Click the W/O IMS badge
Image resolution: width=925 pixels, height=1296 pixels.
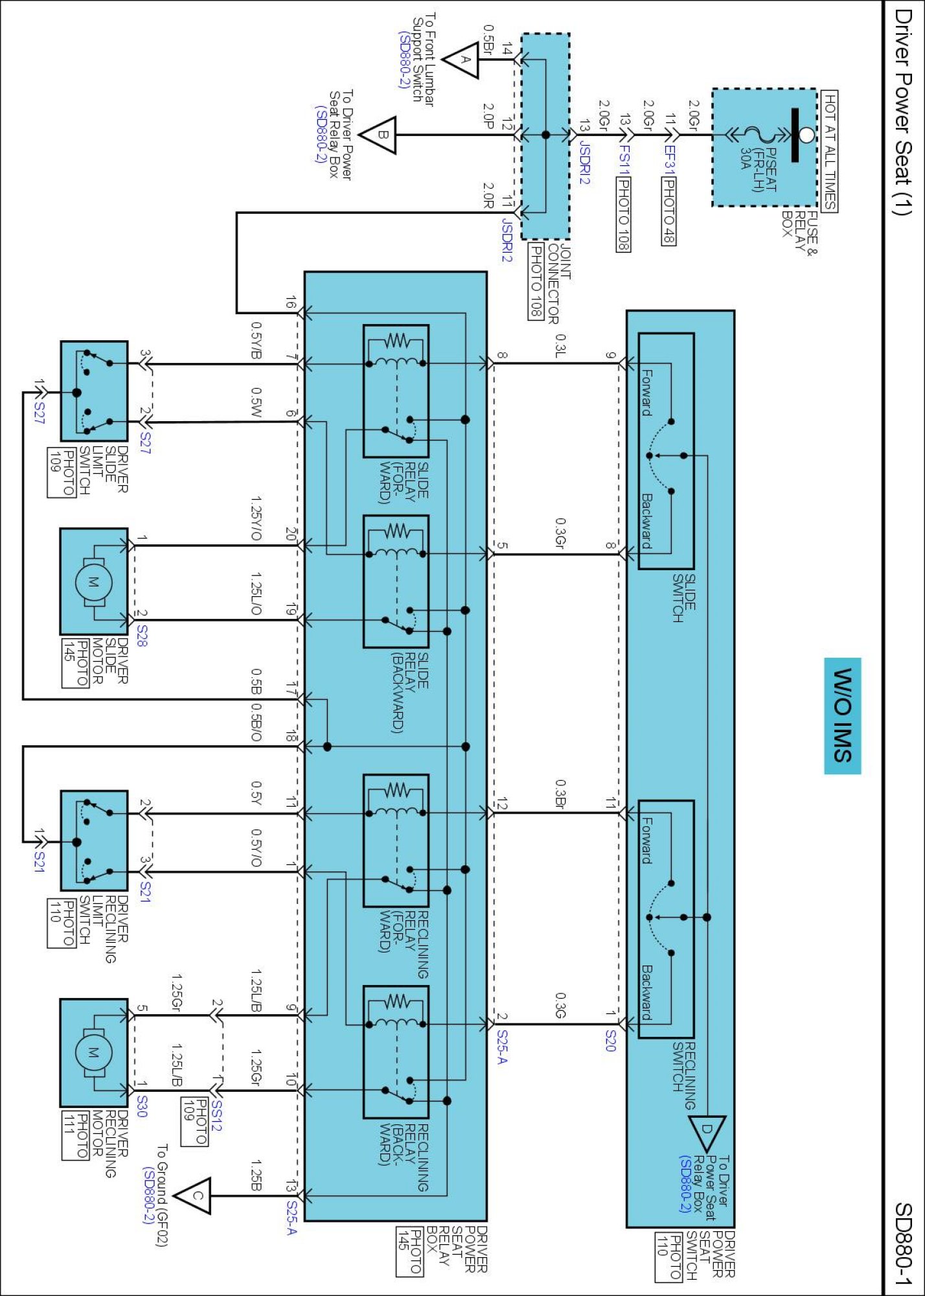(x=842, y=715)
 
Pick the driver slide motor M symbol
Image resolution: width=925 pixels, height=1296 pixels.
(x=93, y=582)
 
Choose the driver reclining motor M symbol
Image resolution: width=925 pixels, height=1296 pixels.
(x=93, y=1053)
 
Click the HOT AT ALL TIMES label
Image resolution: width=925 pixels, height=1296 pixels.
(x=830, y=151)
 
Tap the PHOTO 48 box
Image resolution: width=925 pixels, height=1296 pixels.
(x=668, y=211)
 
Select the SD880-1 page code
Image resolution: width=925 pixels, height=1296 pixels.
(x=904, y=1244)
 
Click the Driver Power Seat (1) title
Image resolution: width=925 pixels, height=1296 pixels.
(x=903, y=111)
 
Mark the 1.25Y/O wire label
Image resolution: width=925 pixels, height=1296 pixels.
(x=257, y=518)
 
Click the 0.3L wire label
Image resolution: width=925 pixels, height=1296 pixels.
(x=561, y=345)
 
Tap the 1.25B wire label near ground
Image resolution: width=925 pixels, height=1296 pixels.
(x=257, y=1175)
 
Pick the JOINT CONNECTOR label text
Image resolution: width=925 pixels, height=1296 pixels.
(x=560, y=284)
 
